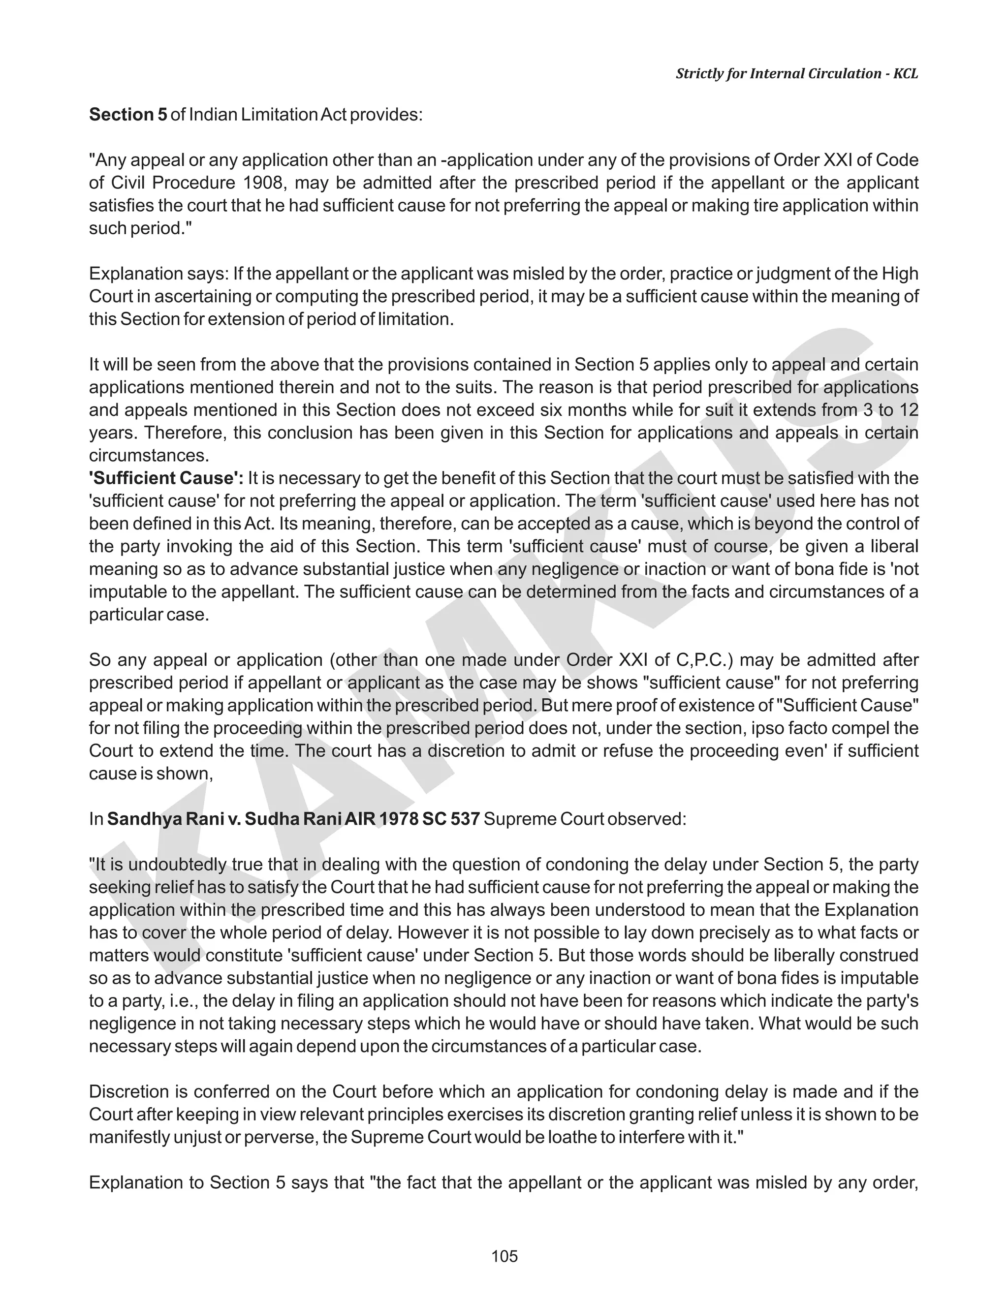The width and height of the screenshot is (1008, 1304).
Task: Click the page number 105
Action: [x=504, y=1256]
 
